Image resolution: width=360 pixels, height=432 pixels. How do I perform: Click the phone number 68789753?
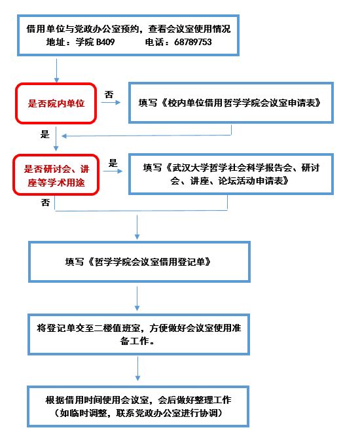tap(193, 42)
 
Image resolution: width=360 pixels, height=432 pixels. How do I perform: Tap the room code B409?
tap(105, 42)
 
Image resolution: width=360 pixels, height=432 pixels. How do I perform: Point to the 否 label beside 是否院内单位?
tap(109, 94)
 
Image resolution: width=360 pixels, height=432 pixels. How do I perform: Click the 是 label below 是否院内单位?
tap(45, 134)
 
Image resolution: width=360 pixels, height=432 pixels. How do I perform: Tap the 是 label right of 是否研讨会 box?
tap(113, 162)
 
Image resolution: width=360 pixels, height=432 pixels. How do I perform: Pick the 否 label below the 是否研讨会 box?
tap(45, 203)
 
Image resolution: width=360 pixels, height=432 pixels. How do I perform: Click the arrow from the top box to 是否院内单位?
tap(56, 71)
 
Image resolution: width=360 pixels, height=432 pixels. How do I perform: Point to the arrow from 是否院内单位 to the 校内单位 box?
tap(111, 103)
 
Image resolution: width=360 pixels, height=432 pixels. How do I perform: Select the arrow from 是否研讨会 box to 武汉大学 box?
tap(113, 171)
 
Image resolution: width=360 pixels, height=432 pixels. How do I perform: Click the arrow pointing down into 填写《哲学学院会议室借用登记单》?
tap(137, 227)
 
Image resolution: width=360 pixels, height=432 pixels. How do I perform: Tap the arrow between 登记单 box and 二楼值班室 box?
tap(137, 298)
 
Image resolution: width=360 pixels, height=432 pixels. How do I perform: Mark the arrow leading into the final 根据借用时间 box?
tap(137, 369)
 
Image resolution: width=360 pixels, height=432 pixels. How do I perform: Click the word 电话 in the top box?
tap(154, 42)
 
